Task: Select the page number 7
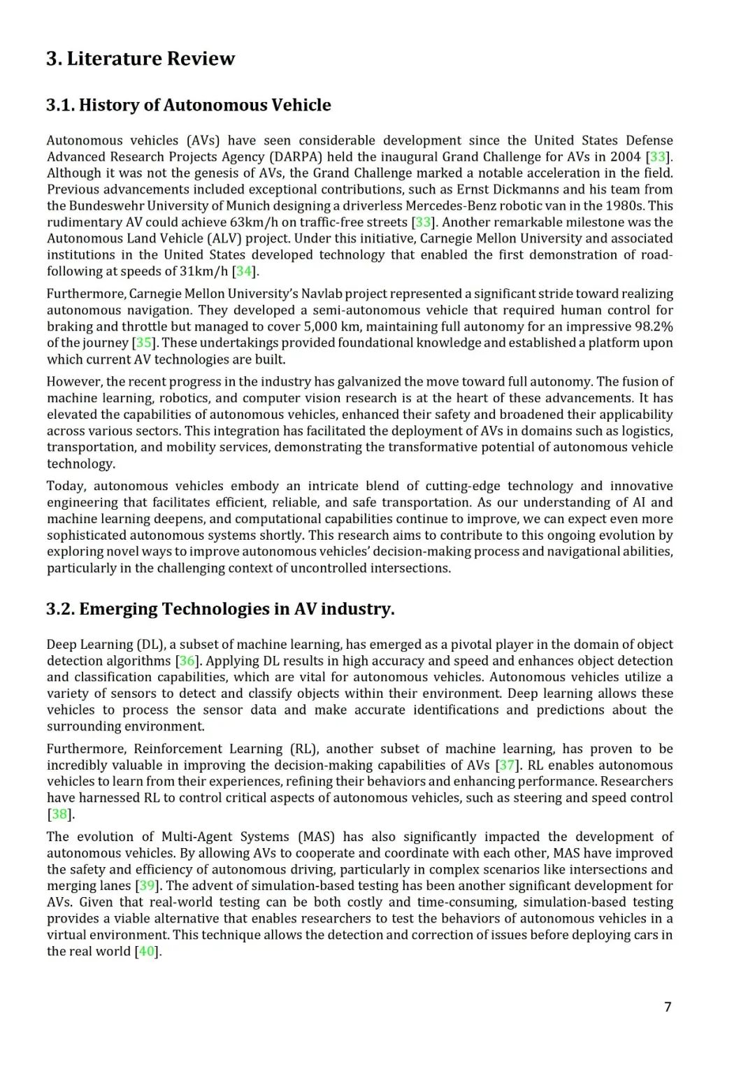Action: pyautogui.click(x=668, y=1006)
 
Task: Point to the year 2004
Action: pyautogui.click(x=624, y=157)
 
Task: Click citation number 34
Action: pyautogui.click(x=244, y=271)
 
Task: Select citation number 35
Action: pyautogui.click(x=143, y=343)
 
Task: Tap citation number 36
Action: pyautogui.click(x=187, y=661)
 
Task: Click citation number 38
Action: pyautogui.click(x=59, y=814)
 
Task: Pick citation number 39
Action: pyautogui.click(x=148, y=885)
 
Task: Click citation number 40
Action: pyautogui.click(x=147, y=951)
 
